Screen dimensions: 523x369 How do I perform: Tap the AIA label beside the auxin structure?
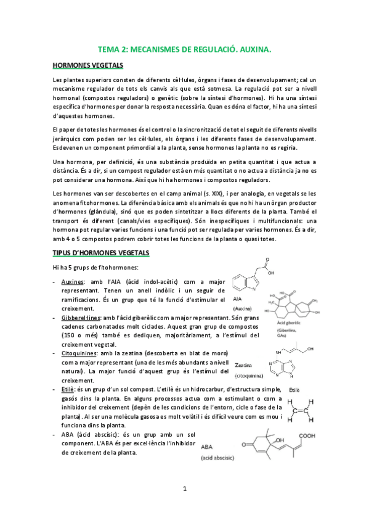[x=238, y=297]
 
